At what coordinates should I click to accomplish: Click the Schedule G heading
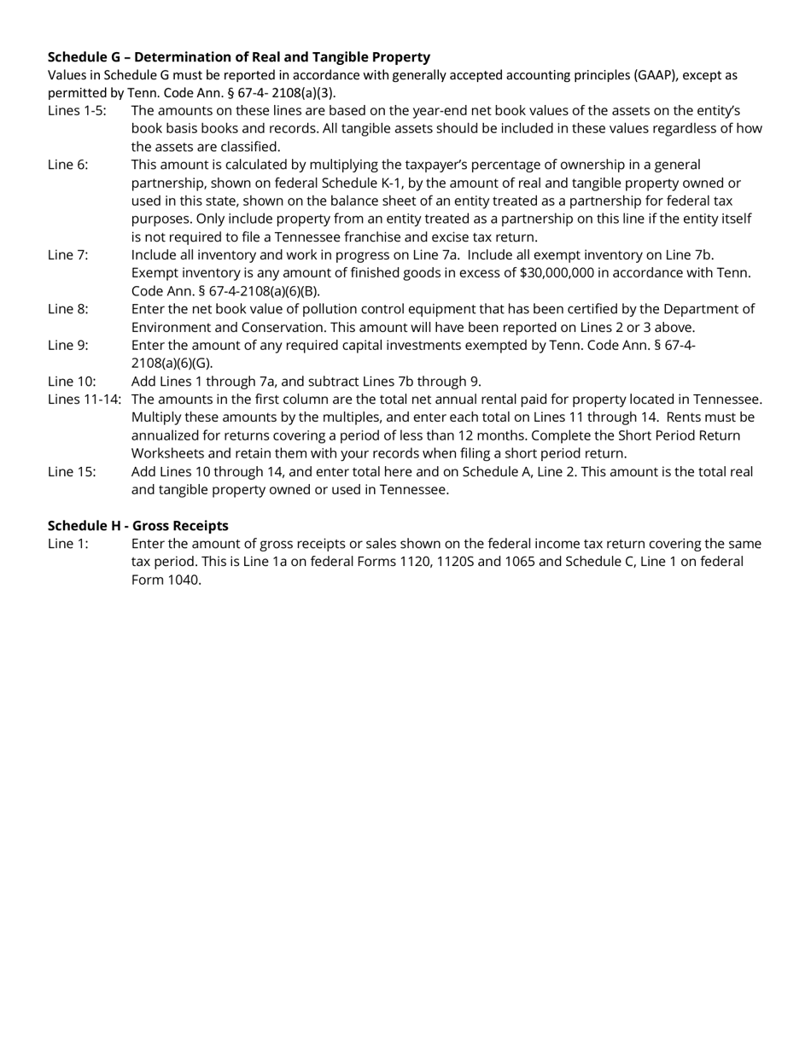pos(239,57)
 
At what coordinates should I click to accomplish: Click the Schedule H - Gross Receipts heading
pos(138,525)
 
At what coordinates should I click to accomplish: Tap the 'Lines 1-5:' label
pos(77,111)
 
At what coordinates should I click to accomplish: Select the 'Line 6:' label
pos(67,165)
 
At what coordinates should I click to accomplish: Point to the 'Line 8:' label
pos(67,309)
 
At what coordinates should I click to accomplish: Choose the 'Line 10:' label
pos(72,382)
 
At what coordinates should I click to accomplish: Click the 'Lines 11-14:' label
pos(85,400)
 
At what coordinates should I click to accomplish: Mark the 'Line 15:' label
pos(72,471)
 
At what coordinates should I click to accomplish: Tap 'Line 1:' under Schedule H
pos(67,544)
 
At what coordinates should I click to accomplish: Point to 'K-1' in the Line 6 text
pos(388,184)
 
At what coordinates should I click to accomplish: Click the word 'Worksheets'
pos(169,453)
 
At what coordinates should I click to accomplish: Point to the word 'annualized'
pos(166,435)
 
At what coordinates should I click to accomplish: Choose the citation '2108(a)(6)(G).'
pos(172,363)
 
